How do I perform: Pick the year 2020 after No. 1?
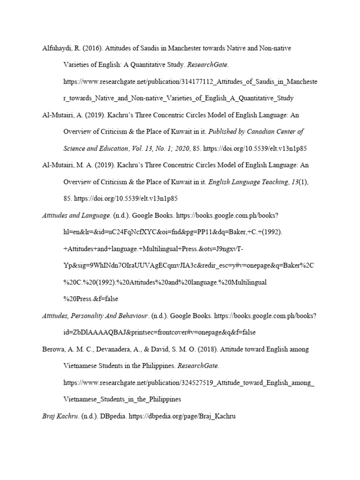[181, 148]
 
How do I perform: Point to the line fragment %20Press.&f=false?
[91, 299]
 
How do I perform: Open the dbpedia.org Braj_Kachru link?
[181, 416]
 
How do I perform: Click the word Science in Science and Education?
[75, 148]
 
